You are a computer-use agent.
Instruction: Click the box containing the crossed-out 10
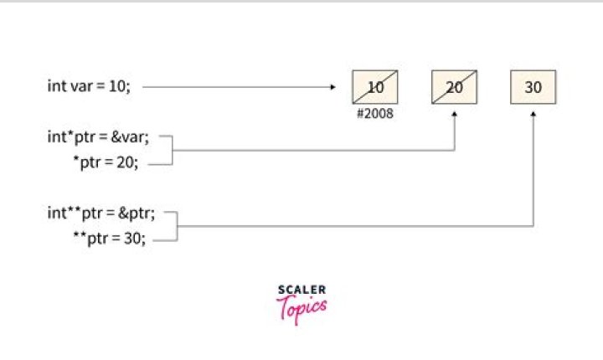click(x=374, y=86)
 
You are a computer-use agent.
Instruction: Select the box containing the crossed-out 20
click(x=454, y=86)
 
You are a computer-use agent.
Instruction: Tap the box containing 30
click(x=533, y=86)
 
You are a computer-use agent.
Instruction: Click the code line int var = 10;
click(x=89, y=86)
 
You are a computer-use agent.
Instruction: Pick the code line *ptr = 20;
click(x=109, y=163)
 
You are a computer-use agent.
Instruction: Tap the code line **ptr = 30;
click(x=109, y=239)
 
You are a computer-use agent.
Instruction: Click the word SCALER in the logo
click(x=301, y=290)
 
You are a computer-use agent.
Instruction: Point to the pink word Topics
click(x=301, y=309)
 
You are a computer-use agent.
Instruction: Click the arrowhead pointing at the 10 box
click(x=332, y=86)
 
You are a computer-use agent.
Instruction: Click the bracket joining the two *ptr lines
click(x=171, y=151)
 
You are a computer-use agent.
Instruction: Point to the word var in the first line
click(x=78, y=86)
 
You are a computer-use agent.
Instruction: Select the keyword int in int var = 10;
click(x=55, y=86)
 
